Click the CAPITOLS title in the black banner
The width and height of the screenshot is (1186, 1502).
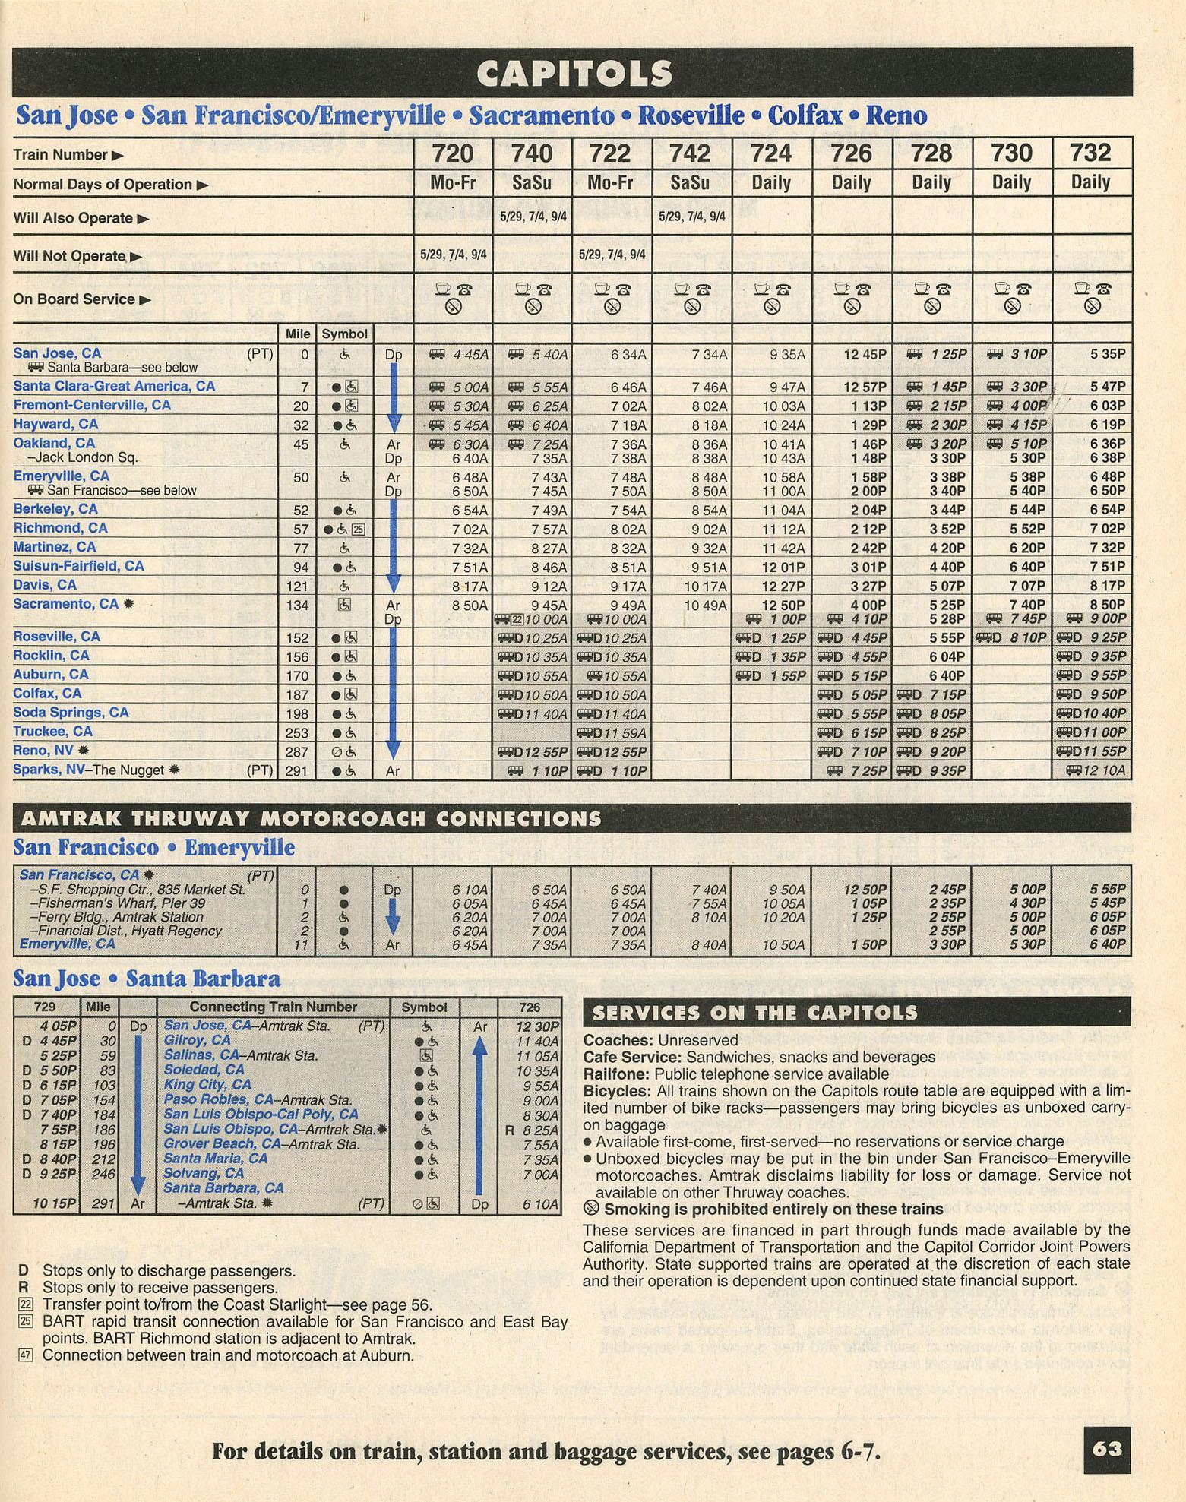point(574,74)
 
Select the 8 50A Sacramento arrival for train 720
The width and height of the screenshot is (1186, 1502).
point(470,606)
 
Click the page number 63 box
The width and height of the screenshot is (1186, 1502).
point(1107,1449)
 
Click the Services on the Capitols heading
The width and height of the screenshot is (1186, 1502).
point(754,1013)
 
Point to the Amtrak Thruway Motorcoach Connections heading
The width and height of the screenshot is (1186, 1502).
point(311,818)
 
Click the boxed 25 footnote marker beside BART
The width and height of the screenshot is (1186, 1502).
point(25,1321)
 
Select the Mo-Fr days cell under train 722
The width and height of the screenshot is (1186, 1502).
point(610,183)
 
